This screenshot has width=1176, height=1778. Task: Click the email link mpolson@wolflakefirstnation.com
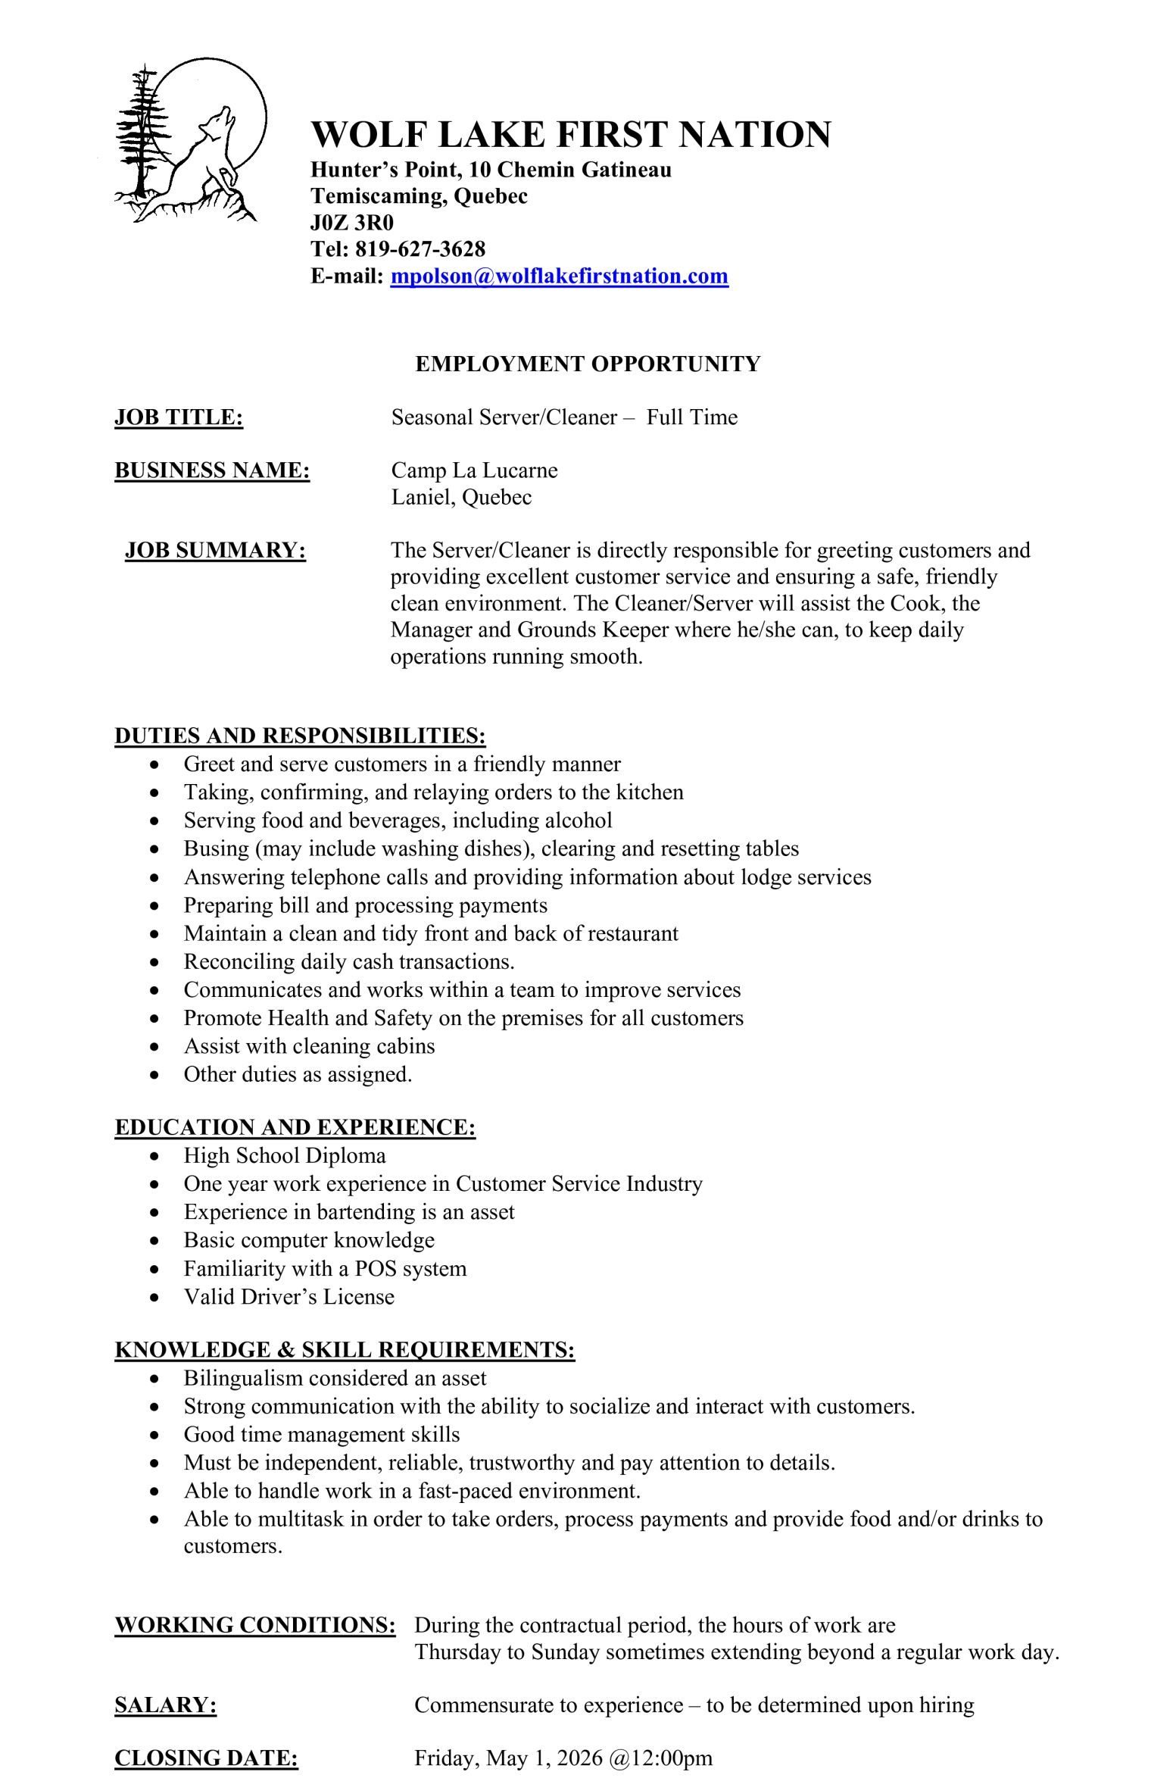click(x=559, y=276)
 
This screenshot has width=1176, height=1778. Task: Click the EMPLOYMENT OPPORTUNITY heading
click(x=588, y=364)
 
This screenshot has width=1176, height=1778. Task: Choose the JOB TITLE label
click(x=179, y=417)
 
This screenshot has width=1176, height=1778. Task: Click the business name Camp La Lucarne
click(x=474, y=470)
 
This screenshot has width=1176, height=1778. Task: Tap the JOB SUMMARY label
click(x=215, y=550)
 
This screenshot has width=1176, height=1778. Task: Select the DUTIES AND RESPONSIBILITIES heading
click(x=300, y=736)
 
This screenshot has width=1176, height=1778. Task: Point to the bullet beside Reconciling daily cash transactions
click(x=155, y=963)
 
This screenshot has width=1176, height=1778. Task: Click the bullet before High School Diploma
click(x=155, y=1157)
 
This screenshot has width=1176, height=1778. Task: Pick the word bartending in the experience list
click(x=366, y=1212)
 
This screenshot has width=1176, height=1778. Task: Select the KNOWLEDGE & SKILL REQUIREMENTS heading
click(x=345, y=1350)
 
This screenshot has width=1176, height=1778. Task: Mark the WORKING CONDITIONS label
click(x=255, y=1625)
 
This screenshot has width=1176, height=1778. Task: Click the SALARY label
click(x=166, y=1705)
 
